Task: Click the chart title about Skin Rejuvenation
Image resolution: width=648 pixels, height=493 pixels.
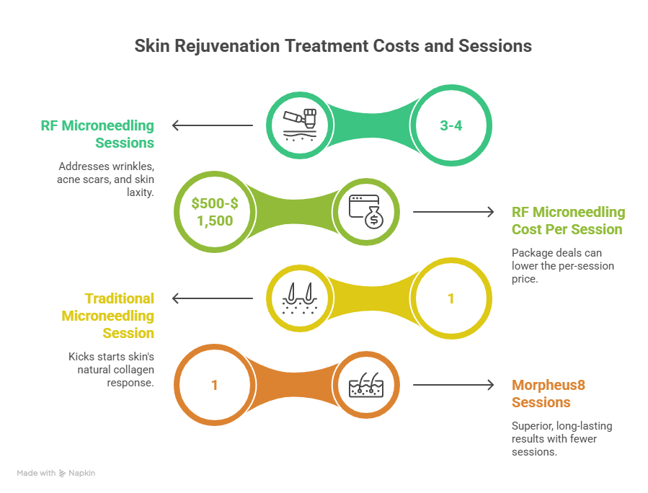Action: tap(333, 46)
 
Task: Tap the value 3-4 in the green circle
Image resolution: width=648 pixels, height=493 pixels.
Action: tap(451, 125)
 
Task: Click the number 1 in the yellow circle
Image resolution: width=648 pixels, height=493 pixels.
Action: tap(451, 298)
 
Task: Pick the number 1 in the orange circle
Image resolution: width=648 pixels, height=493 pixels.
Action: tap(214, 384)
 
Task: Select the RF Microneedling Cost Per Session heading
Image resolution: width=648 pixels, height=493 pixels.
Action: tap(568, 221)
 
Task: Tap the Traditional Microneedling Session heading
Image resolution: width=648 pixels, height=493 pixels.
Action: tap(108, 316)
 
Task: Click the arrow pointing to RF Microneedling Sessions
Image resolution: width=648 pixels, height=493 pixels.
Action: tap(212, 126)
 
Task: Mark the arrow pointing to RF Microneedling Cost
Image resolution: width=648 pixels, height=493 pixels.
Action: tap(453, 212)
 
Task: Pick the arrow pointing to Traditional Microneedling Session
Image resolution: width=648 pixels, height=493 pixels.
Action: tap(212, 298)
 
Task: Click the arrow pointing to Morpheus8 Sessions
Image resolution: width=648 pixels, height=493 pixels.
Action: tap(453, 384)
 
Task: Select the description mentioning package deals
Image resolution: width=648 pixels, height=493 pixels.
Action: tap(562, 266)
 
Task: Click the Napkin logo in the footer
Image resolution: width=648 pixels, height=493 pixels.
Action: tap(77, 474)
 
